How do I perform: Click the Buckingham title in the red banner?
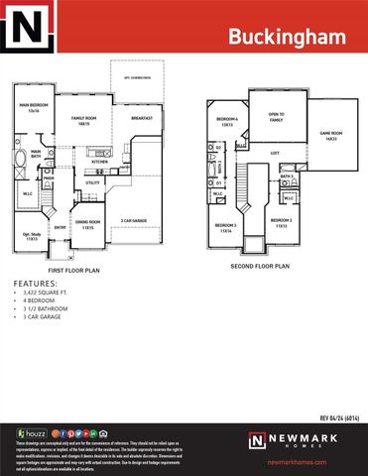click(x=288, y=37)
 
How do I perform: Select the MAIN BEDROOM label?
click(x=34, y=107)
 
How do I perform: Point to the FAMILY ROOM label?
click(x=81, y=120)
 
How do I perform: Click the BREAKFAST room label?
click(x=142, y=118)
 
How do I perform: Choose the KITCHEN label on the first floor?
click(x=100, y=162)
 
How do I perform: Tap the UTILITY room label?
click(x=93, y=182)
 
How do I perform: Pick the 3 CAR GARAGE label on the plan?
click(x=136, y=221)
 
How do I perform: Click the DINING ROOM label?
click(x=88, y=225)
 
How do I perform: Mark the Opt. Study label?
click(x=32, y=236)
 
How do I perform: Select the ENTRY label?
click(x=60, y=227)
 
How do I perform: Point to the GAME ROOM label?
click(x=330, y=135)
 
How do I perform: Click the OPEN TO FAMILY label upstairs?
click(x=277, y=117)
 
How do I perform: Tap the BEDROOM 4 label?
click(x=226, y=122)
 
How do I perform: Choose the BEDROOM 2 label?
click(x=282, y=222)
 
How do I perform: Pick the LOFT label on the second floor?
click(x=275, y=153)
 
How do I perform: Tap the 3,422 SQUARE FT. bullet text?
click(x=45, y=295)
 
